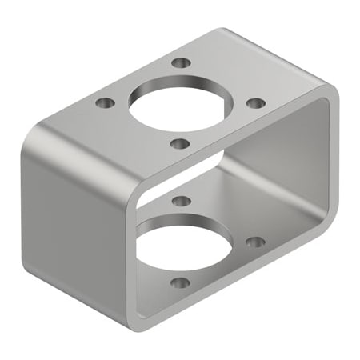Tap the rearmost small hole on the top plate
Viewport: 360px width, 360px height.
pos(182,62)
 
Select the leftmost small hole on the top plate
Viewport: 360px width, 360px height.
pos(104,103)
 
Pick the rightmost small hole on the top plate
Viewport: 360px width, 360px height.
pos(255,103)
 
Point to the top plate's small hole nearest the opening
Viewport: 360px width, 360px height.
pos(181,144)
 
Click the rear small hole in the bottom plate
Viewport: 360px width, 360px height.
pos(181,201)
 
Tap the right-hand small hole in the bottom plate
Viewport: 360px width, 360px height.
pos(254,241)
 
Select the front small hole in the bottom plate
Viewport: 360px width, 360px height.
pos(181,282)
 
